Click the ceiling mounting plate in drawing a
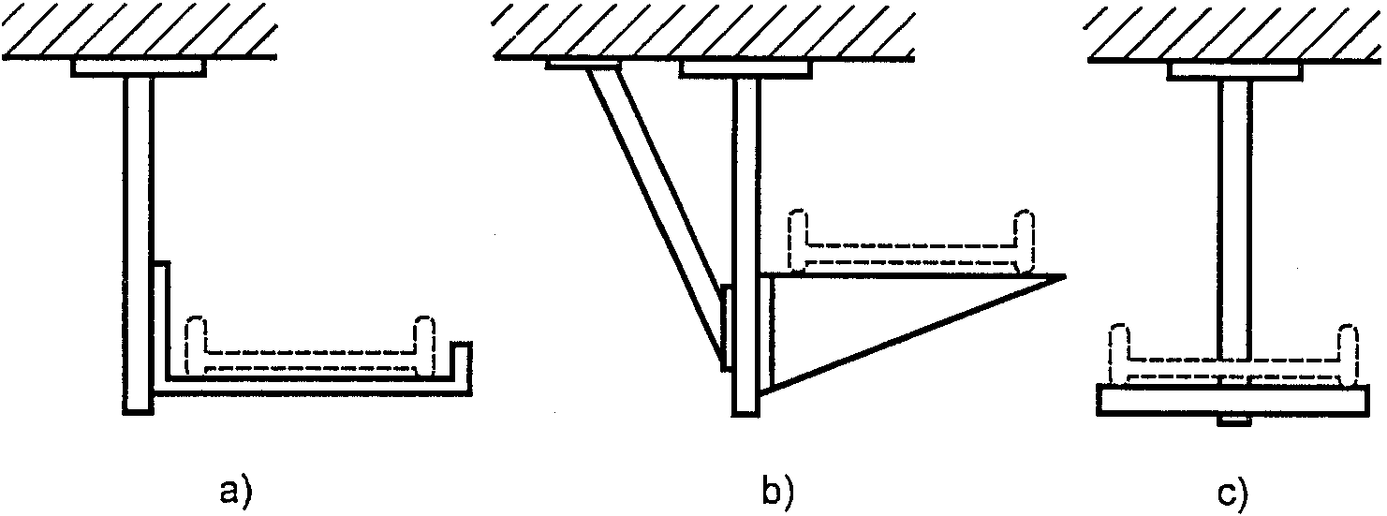click(x=139, y=67)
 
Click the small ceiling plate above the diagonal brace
click(x=583, y=65)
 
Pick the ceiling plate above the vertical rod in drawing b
click(x=745, y=68)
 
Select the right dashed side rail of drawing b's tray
click(x=1025, y=240)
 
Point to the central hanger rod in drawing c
click(x=1234, y=215)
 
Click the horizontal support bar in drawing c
click(x=1234, y=401)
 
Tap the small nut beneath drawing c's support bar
click(x=1232, y=422)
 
